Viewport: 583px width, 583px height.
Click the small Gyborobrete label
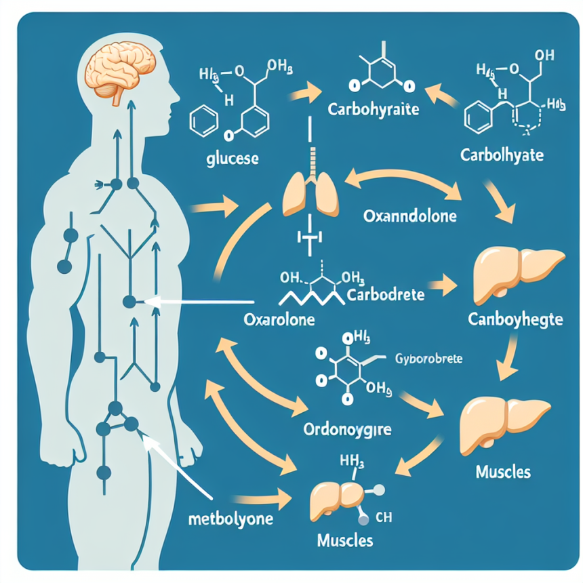[427, 358]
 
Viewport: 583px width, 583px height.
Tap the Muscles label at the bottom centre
[344, 541]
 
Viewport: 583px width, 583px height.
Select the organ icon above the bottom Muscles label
[337, 498]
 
